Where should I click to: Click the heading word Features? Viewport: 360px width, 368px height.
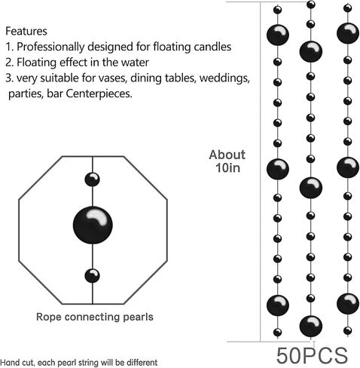click(x=26, y=31)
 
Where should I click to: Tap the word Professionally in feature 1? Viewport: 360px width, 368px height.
click(x=50, y=47)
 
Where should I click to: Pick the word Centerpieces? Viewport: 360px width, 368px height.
click(x=99, y=94)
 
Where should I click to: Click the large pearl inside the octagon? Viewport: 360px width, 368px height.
click(x=93, y=225)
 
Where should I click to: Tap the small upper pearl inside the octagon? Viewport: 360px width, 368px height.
click(x=92, y=179)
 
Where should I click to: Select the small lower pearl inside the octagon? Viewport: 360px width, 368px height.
click(x=92, y=276)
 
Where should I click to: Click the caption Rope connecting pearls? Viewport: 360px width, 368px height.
click(x=95, y=317)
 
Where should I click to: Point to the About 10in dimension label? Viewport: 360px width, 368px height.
click(x=227, y=161)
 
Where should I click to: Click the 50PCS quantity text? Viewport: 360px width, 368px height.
click(x=312, y=355)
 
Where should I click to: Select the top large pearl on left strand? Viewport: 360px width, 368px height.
click(x=278, y=35)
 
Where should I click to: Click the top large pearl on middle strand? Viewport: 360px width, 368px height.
click(x=311, y=52)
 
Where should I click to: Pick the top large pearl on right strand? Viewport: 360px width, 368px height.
click(x=348, y=33)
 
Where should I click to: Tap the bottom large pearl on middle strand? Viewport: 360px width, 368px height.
click(x=311, y=326)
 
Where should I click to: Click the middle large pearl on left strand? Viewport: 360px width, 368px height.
click(x=278, y=169)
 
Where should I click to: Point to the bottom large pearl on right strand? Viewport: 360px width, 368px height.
click(x=348, y=304)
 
